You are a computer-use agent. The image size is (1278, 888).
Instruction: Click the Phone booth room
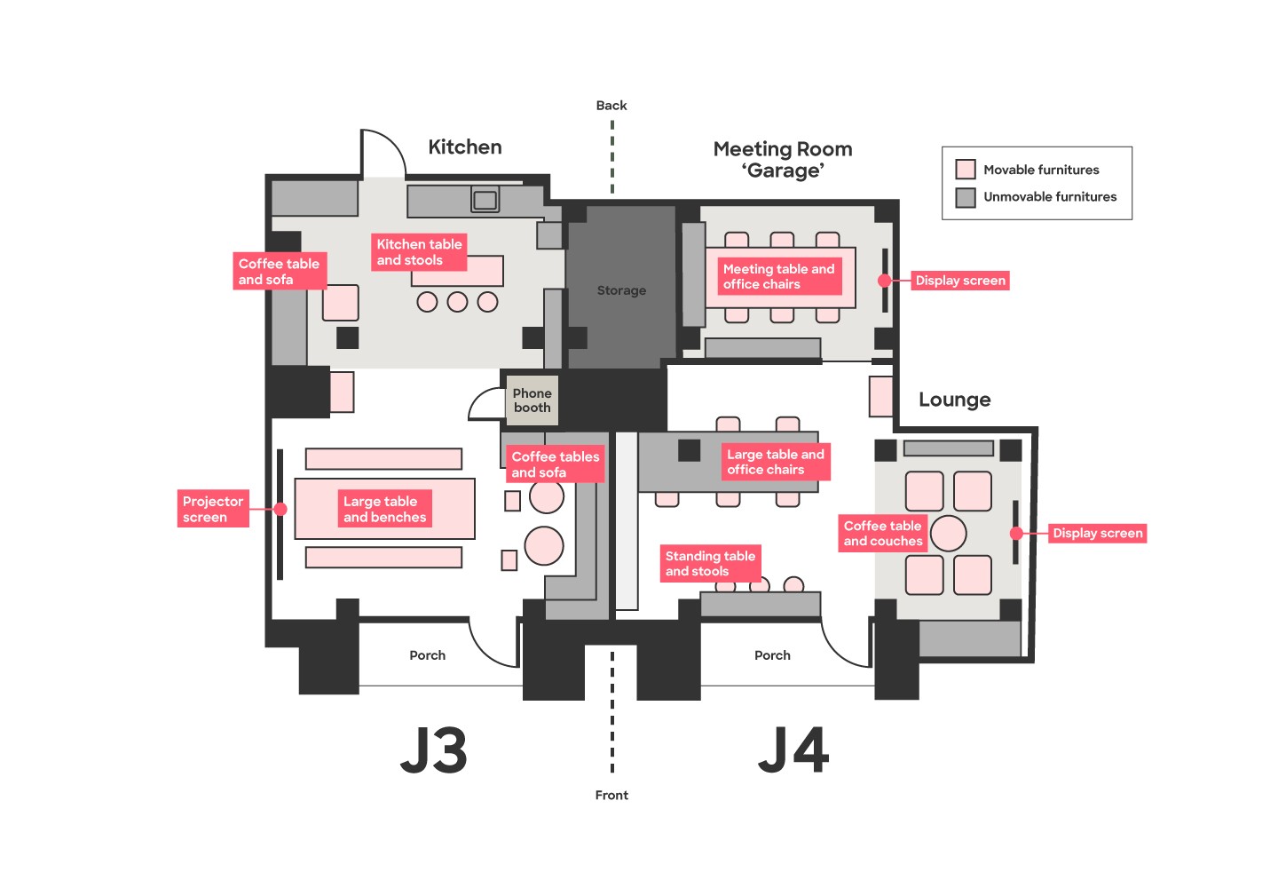532,400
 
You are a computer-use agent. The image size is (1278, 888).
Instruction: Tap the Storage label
621,290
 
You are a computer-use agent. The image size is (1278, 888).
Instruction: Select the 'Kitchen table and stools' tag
419,252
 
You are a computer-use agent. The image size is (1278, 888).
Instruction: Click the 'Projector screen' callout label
213,509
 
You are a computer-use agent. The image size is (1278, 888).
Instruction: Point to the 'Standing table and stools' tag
710,563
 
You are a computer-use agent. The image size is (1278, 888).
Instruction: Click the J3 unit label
433,750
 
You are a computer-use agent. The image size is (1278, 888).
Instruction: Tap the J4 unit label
793,750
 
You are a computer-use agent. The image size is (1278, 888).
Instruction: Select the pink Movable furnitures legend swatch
966,170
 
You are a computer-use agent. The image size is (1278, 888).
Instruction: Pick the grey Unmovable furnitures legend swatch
966,197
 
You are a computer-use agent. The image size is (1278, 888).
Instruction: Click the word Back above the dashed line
611,106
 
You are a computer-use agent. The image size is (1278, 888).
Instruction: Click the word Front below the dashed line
611,796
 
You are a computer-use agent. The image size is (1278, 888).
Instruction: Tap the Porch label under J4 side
772,655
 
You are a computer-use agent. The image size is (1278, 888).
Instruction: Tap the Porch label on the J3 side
427,655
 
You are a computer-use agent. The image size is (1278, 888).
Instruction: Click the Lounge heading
954,400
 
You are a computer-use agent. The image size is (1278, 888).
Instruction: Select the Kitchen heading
465,147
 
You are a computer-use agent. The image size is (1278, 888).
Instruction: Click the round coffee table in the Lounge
948,534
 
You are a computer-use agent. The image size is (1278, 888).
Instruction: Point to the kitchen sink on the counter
485,200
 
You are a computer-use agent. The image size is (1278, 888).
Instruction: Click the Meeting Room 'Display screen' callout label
960,281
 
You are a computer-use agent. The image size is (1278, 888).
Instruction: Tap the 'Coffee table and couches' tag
882,534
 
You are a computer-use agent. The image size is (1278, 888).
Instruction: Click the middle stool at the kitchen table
457,302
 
